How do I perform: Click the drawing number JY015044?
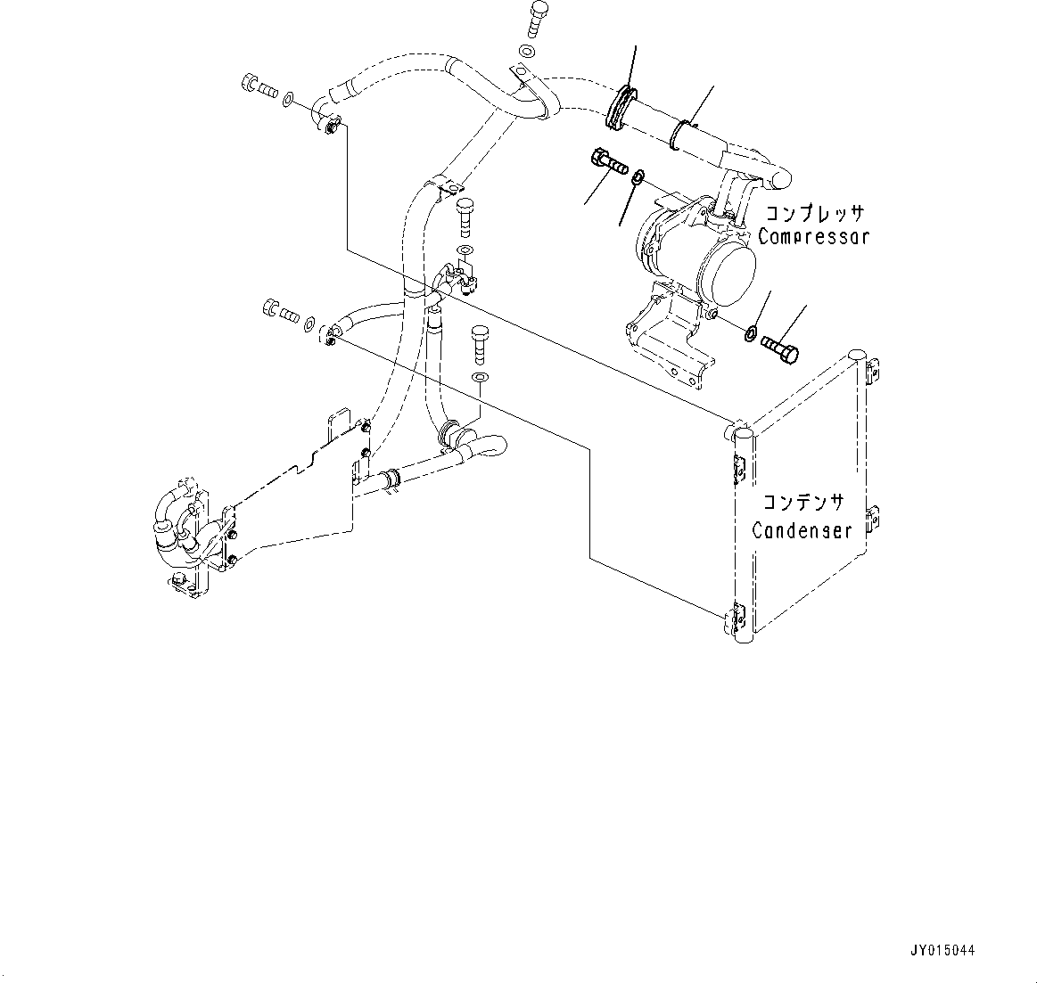pyautogui.click(x=942, y=951)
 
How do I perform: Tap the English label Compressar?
pyautogui.click(x=812, y=238)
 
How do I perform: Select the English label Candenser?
pyautogui.click(x=801, y=531)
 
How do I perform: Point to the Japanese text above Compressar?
pyautogui.click(x=813, y=215)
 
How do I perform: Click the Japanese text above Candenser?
pyautogui.click(x=802, y=505)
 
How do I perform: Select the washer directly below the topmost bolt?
pyautogui.click(x=528, y=52)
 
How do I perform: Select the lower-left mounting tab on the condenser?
pyautogui.click(x=738, y=616)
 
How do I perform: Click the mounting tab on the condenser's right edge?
pyautogui.click(x=876, y=517)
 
